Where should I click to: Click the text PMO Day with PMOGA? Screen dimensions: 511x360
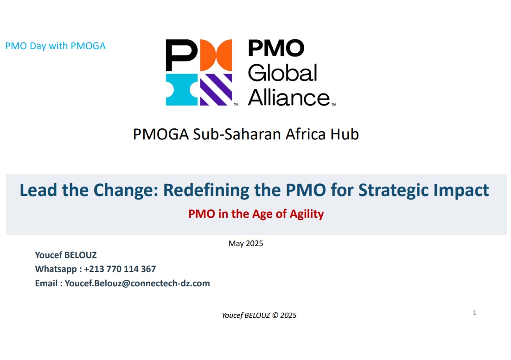point(55,46)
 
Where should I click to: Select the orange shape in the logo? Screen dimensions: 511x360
point(216,55)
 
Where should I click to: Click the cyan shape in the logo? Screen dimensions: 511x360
point(181,89)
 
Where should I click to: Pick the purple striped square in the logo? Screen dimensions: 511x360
point(216,89)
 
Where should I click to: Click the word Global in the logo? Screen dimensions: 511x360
point(282,73)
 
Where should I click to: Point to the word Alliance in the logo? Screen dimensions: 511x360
point(289,97)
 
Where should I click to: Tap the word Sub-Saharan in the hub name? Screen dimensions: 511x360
point(237,134)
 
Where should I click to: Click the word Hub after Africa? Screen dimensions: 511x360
point(345,134)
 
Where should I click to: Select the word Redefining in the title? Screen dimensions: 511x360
point(222,190)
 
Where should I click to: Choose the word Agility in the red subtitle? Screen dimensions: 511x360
point(307,214)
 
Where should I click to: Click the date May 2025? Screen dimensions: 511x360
point(246,243)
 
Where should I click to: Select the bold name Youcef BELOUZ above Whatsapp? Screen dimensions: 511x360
point(66,255)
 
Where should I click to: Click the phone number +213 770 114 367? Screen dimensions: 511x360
point(120,269)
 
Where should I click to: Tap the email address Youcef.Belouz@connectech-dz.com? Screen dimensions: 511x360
point(137,283)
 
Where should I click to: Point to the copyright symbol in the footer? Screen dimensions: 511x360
point(275,316)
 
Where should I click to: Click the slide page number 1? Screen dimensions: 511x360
point(474,312)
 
